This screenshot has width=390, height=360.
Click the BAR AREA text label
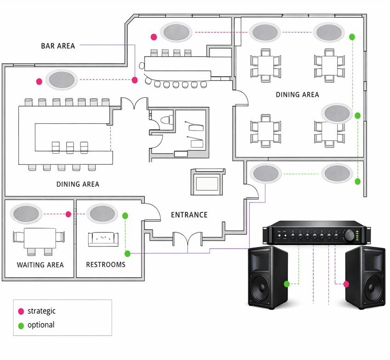(58, 46)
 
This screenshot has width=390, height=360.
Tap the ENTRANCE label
(189, 215)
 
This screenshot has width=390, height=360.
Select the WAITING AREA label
(40, 265)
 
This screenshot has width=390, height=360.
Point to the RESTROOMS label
(105, 265)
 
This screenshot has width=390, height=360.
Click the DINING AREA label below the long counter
(78, 184)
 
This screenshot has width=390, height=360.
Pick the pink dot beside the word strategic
(21, 311)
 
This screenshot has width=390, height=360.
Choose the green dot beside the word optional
(21, 325)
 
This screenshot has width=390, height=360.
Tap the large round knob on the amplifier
(350, 235)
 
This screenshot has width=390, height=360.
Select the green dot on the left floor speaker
(287, 284)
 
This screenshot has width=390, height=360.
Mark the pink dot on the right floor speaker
(346, 284)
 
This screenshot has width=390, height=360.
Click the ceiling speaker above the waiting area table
(26, 214)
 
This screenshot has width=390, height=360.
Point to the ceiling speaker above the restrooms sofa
(103, 214)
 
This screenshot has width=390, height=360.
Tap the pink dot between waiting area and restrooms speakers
(68, 214)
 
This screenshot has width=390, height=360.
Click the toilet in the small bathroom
(165, 120)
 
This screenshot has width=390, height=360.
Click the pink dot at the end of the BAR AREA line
(135, 80)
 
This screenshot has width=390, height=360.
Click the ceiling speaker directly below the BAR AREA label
(61, 80)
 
